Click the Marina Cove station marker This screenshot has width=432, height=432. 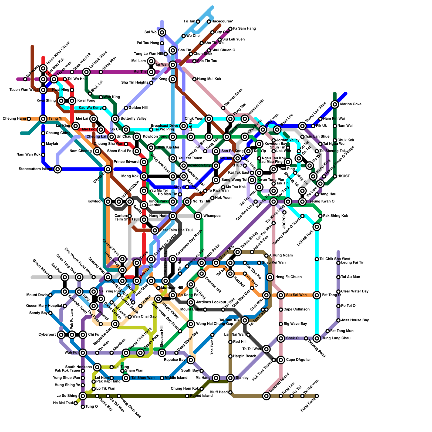(335, 104)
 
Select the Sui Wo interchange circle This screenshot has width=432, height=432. (162, 32)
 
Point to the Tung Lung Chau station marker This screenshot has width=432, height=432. (317, 338)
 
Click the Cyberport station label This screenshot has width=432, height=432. (47, 335)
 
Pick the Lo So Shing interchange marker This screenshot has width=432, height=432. (83, 396)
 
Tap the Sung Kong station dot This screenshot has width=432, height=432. (317, 396)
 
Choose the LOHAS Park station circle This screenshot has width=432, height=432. (317, 227)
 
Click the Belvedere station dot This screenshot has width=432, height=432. (25, 79)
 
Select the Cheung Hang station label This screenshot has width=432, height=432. (14, 119)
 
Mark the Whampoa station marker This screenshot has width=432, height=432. (198, 216)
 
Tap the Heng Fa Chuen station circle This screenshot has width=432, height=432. (270, 277)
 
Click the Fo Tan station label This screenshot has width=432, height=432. (189, 22)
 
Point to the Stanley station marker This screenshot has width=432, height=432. (230, 378)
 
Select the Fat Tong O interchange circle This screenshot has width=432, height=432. (317, 295)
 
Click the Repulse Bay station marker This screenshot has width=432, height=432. (191, 360)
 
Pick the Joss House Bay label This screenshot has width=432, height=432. (355, 320)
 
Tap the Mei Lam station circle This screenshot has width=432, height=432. (151, 61)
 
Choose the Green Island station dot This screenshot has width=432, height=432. (50, 277)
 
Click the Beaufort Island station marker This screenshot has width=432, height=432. (266, 396)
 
